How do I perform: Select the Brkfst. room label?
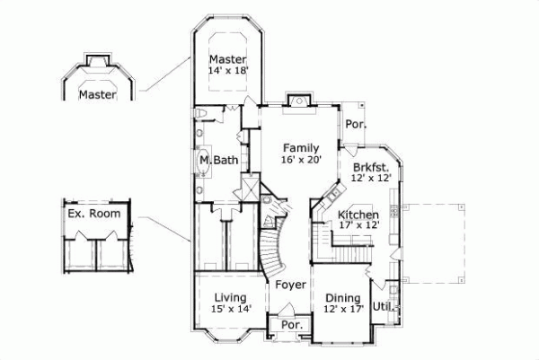pos(369,167)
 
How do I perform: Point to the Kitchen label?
pos(358,215)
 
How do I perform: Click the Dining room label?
pos(342,298)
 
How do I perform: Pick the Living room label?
pos(231,297)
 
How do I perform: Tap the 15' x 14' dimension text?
pos(231,309)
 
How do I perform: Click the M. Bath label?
pos(218,161)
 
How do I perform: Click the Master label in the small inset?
pos(96,93)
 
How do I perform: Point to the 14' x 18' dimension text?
pos(227,68)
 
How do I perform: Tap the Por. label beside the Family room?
pos(356,126)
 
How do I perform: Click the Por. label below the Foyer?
pos(289,325)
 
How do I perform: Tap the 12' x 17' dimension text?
pos(342,310)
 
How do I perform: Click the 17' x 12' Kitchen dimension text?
pos(358,227)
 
